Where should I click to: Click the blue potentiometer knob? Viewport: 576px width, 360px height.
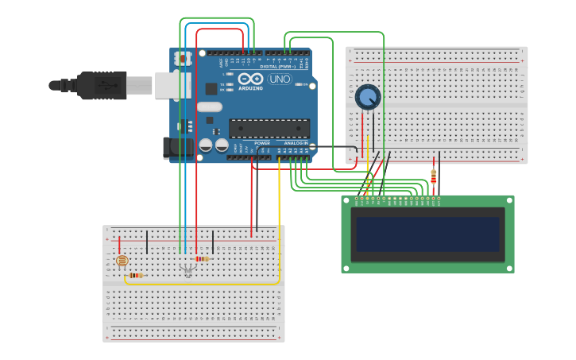coord(367,97)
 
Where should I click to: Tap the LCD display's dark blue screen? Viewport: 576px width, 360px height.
coord(427,234)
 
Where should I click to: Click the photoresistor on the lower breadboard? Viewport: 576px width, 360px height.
coord(122,260)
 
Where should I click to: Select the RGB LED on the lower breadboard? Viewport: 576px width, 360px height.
coord(187,270)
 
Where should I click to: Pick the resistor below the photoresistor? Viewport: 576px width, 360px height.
coord(135,276)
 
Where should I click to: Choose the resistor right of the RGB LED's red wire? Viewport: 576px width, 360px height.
coord(202,258)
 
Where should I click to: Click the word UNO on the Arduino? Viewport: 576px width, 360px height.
coord(279,79)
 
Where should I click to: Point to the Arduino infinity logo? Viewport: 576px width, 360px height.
coord(249,79)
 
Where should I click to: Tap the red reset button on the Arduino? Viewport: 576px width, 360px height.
coord(184,59)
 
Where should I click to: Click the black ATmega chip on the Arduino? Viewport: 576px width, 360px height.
coord(269,128)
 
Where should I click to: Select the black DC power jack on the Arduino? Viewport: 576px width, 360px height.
coord(176,147)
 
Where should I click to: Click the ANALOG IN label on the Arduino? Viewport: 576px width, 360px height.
coord(296,143)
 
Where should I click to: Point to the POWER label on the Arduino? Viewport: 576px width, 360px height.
coord(262,143)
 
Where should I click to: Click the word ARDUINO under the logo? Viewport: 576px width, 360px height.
coord(249,88)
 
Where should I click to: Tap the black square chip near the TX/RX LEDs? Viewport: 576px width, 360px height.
coord(211,88)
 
